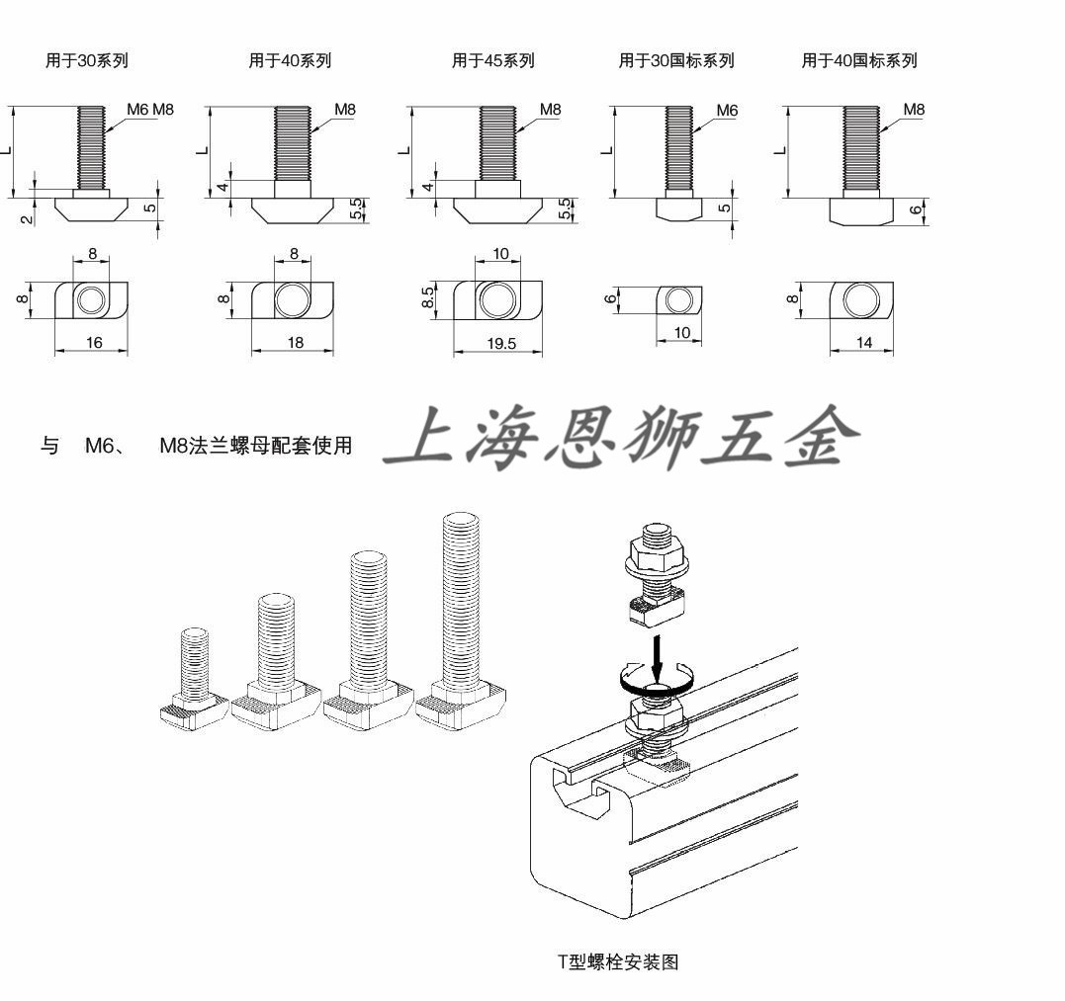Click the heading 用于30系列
click(87, 60)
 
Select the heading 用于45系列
click(492, 60)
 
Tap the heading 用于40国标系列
click(858, 60)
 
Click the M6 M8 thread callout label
click(149, 110)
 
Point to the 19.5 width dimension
click(498, 344)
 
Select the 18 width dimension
click(295, 343)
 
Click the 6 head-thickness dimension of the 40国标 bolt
click(915, 209)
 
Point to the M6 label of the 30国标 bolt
click(727, 111)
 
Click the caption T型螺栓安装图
click(618, 960)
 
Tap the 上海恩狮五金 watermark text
click(621, 438)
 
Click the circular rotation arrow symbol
click(651, 678)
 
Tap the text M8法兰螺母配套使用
click(256, 446)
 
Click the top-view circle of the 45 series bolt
click(496, 298)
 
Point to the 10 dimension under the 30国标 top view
click(682, 333)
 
